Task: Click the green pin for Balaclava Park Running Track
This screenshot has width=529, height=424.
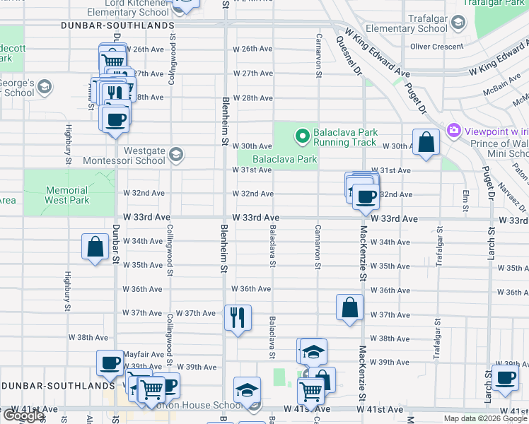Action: coord(303,134)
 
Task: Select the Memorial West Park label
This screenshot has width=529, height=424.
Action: coord(68,195)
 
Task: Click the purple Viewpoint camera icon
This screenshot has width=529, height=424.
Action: coord(453,131)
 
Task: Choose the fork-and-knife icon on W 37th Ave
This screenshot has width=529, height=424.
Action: coord(238,317)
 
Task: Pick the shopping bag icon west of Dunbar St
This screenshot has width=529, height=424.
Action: coord(95,247)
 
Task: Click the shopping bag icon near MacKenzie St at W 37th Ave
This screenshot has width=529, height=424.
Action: coord(349,307)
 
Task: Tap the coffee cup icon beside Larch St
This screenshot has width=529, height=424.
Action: coord(505,379)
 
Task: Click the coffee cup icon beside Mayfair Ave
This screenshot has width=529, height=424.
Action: coord(110,363)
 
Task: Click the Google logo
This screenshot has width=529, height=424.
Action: coord(23,416)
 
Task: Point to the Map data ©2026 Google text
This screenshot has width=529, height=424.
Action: coord(484,418)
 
